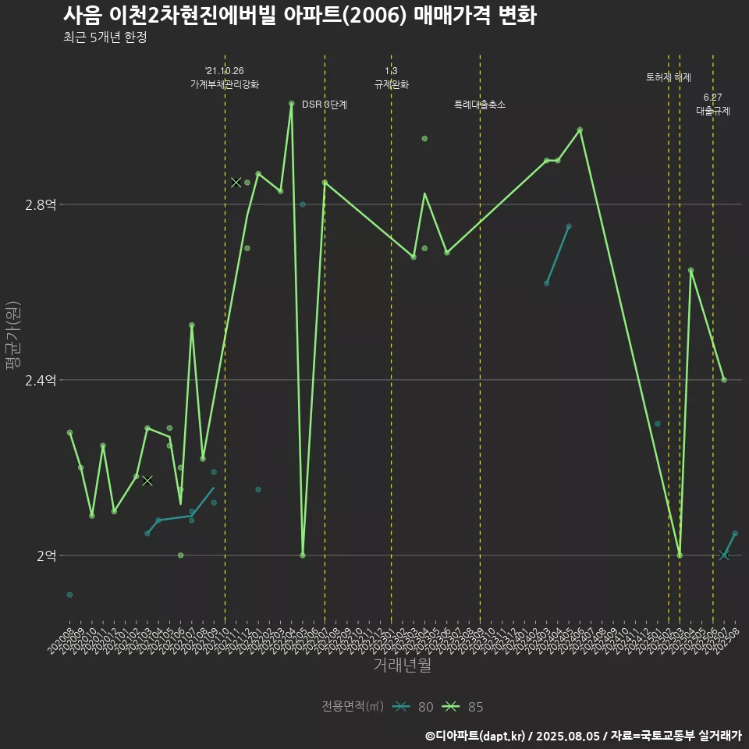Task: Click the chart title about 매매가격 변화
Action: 300,16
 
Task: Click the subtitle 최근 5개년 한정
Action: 105,37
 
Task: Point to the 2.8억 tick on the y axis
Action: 41,205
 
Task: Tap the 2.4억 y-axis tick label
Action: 41,380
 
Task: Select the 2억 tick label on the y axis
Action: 46,556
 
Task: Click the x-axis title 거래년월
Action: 402,666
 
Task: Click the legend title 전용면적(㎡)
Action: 353,707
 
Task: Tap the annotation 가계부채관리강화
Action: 225,83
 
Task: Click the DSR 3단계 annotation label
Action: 325,105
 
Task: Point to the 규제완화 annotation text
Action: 392,83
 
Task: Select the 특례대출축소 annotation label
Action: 480,105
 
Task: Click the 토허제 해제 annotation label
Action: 669,77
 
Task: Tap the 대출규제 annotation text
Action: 713,111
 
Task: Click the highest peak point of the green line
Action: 291,103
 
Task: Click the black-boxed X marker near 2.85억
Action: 236,183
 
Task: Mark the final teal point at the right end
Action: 735,534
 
